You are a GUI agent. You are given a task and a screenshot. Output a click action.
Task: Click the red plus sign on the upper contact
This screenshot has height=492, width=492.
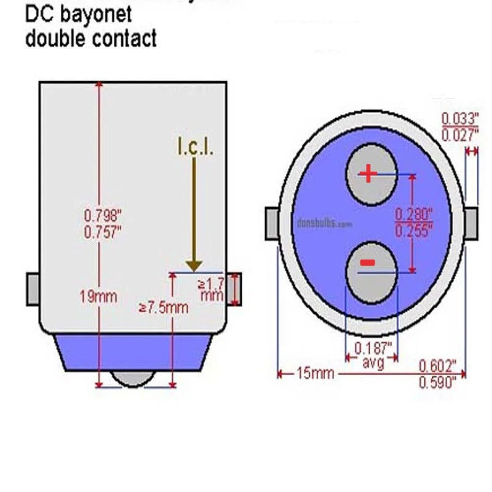point(368,174)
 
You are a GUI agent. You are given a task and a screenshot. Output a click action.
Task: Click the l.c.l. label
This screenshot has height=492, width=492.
point(195,147)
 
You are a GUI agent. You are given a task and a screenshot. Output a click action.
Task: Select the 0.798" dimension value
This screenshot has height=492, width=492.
point(103,216)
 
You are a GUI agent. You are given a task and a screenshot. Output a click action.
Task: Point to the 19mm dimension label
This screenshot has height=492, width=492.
point(98,296)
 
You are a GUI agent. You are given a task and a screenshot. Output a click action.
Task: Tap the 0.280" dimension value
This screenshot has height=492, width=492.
point(413,215)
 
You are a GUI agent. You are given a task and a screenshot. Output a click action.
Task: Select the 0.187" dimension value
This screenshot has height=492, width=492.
point(373,347)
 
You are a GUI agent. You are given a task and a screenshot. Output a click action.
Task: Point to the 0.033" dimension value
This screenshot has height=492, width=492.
point(459,119)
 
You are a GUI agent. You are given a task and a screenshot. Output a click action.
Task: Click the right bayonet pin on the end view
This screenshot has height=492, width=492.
point(471,223)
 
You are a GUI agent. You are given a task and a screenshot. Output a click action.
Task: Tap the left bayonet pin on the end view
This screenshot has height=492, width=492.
point(272,223)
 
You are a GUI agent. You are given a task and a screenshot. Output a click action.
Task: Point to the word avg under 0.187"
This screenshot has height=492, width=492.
point(373,363)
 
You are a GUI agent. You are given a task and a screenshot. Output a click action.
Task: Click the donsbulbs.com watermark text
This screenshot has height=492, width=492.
point(324,224)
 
